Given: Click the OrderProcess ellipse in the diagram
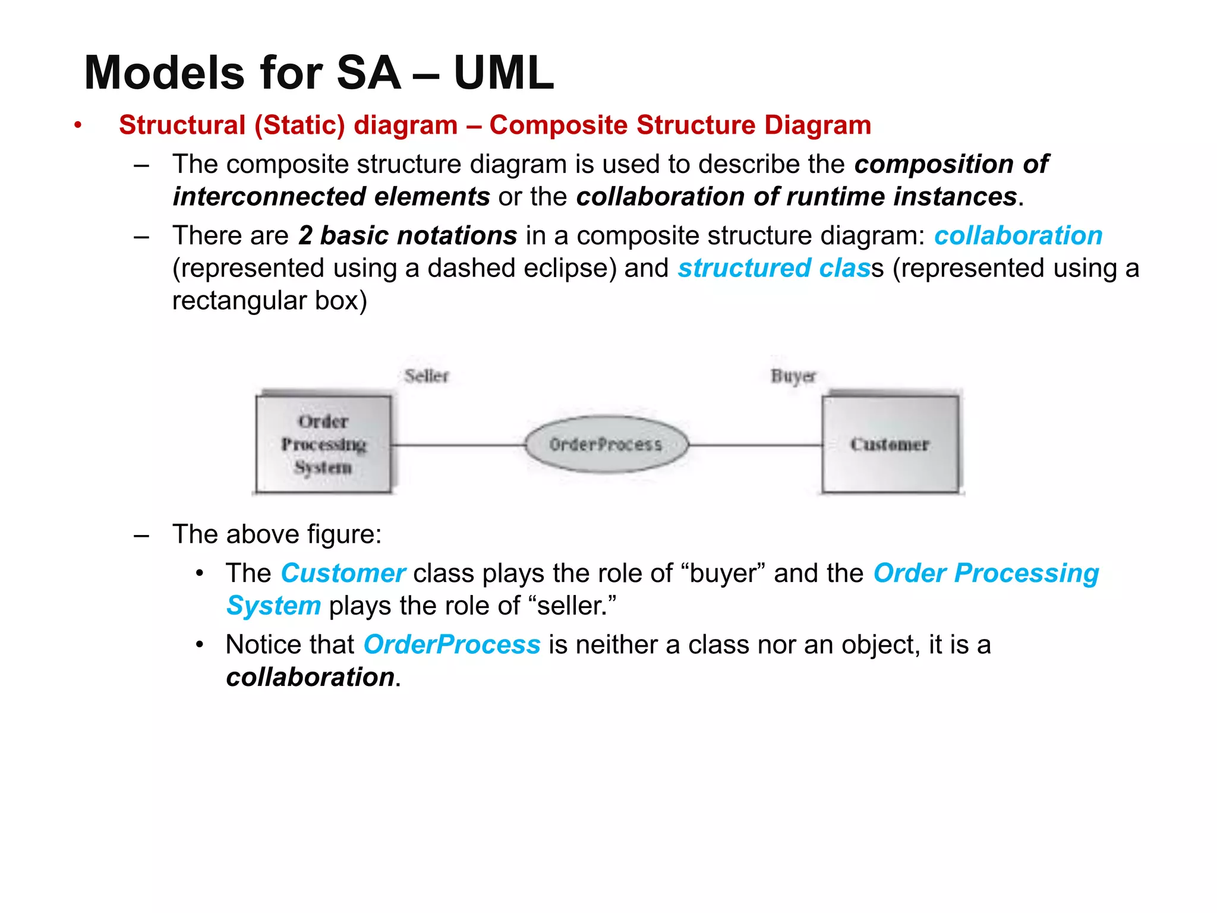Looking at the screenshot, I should tap(606, 444).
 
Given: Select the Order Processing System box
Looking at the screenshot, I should tap(324, 444).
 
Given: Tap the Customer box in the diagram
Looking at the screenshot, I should tap(890, 444).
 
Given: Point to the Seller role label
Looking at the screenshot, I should tap(426, 376).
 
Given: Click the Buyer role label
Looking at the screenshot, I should tap(793, 376).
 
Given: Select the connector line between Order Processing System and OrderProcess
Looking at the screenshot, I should tap(458, 445).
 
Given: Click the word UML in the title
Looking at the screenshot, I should tap(503, 73).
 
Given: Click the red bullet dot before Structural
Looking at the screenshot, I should tap(77, 125).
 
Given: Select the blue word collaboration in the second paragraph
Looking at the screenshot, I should tap(1018, 235).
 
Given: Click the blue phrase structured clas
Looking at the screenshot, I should tap(774, 268).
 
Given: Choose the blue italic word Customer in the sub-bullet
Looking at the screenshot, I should tap(343, 573).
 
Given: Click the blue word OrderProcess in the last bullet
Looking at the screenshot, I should tap(452, 644).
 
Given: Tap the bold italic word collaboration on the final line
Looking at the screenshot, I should tap(310, 677).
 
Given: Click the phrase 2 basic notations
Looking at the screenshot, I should tap(408, 235).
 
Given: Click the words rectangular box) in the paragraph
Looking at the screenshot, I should tap(270, 301).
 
